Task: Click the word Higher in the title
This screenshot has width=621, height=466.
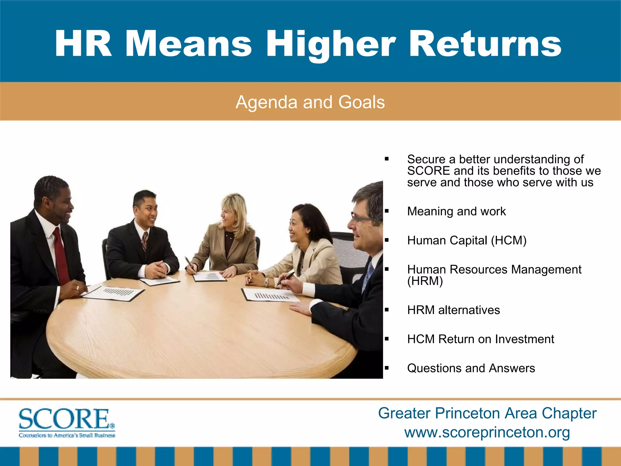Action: tap(331, 44)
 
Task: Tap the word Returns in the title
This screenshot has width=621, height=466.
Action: tap(485, 44)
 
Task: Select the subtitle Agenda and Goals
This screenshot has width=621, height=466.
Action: tap(310, 102)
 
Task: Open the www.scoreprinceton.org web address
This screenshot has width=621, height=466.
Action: tap(487, 432)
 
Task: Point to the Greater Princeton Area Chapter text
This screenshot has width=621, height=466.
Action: tap(487, 413)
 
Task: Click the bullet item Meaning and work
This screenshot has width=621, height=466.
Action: tap(456, 211)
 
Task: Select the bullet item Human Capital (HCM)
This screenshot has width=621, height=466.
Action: tap(467, 241)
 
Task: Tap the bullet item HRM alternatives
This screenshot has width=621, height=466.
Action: tap(453, 310)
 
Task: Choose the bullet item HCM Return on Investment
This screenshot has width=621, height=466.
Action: tap(481, 339)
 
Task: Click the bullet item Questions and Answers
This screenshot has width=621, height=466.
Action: tap(471, 368)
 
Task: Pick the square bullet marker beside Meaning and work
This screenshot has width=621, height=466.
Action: tap(387, 211)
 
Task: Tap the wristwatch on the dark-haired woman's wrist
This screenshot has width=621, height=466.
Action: tap(266, 282)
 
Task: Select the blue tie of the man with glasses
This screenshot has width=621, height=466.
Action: tap(368, 275)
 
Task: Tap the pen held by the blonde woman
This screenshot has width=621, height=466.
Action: tap(190, 264)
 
